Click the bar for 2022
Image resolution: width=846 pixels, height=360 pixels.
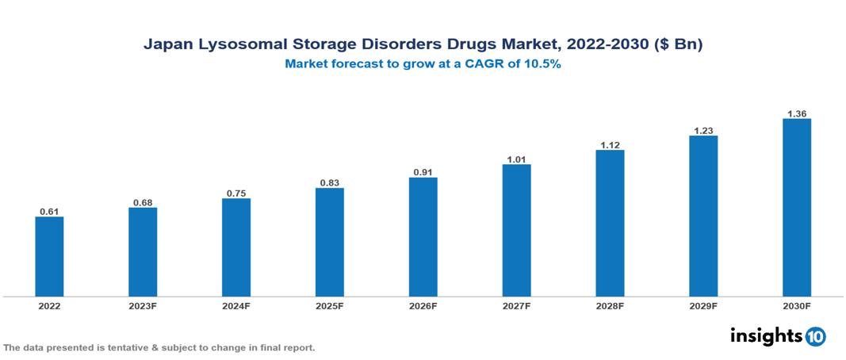point(49,256)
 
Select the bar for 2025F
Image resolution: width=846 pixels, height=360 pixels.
point(329,242)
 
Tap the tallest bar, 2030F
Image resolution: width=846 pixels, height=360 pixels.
point(796,208)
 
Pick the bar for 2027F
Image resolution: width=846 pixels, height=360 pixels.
point(516,230)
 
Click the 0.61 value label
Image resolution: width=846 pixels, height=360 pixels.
point(49,212)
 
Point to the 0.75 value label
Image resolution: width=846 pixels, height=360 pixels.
point(236,193)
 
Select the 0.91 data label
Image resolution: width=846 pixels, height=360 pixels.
point(423,172)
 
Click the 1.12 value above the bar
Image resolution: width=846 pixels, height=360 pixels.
point(610,144)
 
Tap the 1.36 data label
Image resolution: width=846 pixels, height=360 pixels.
point(796,113)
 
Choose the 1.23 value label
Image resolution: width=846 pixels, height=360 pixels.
point(703,130)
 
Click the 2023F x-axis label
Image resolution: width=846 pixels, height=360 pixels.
point(143,305)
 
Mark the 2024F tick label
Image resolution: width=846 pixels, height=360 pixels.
point(236,305)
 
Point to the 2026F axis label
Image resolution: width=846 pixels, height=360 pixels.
point(423,305)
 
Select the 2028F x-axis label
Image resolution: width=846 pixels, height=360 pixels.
point(610,305)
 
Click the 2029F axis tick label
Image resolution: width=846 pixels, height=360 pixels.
point(703,305)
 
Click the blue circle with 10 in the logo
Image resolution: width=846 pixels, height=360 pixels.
point(815,336)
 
